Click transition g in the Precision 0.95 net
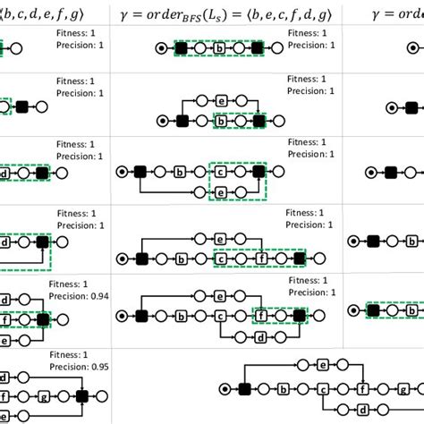(x=42, y=394)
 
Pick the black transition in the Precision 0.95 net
(x=82, y=394)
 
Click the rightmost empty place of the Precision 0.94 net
(x=64, y=319)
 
